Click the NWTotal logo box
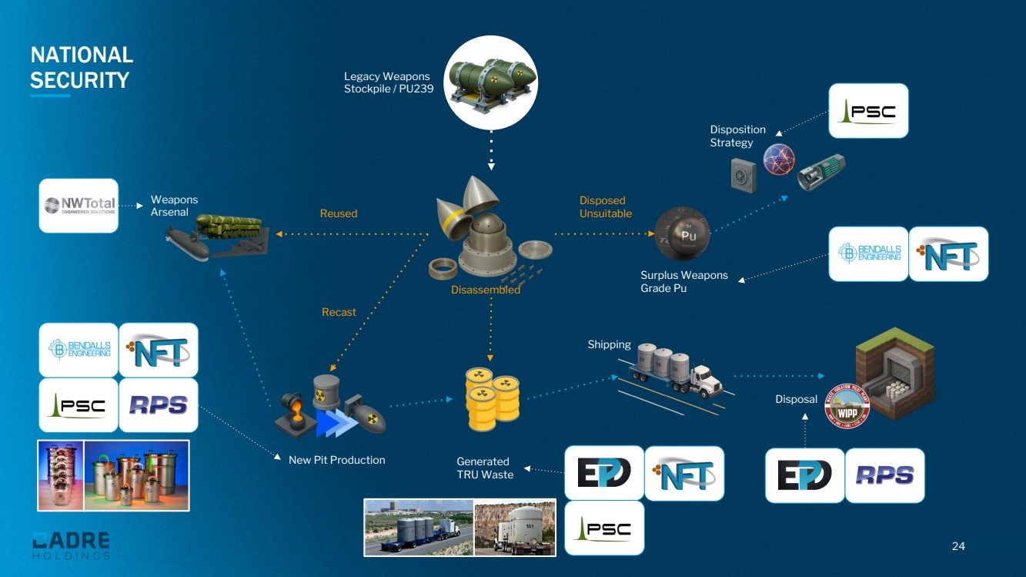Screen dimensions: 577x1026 79,205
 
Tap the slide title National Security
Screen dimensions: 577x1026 81,67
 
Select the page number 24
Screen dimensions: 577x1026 958,546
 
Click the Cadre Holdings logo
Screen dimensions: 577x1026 71,545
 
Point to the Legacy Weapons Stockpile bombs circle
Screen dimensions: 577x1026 491,82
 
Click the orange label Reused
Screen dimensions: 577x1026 339,213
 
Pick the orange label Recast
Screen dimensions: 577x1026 339,312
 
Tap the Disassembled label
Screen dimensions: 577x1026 486,290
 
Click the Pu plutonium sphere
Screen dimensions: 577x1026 682,233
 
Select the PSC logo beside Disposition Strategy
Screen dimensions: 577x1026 868,111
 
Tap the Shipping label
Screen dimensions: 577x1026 609,344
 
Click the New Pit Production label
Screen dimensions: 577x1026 336,460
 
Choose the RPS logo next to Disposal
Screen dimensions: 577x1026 885,475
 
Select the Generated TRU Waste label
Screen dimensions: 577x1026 484,468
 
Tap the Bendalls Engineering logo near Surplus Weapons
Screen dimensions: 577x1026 869,253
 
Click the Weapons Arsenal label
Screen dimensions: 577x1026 174,206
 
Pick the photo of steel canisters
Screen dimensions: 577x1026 114,475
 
